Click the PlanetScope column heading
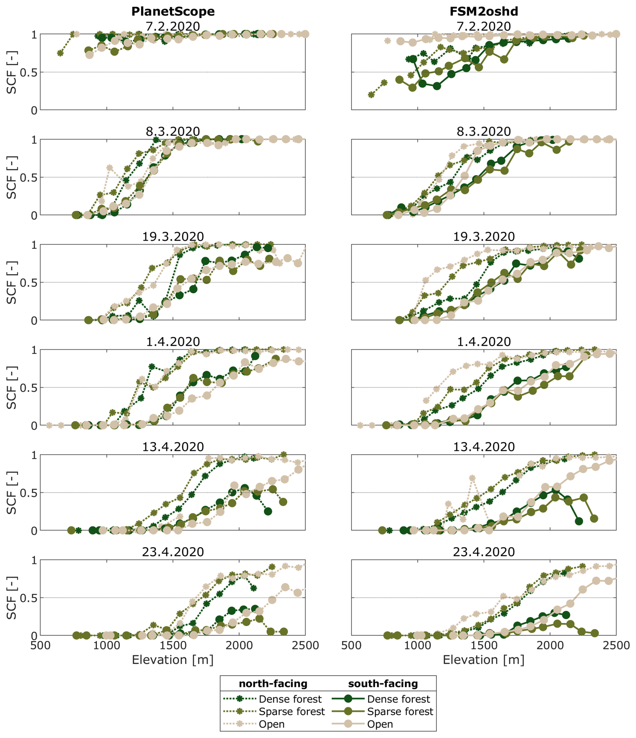pos(173,11)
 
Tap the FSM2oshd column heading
pos(484,11)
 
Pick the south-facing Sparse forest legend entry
pos(382,712)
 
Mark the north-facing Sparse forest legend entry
pos(274,712)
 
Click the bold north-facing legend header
pos(273,684)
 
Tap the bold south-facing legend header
pos(383,684)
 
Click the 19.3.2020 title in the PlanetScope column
pos(173,236)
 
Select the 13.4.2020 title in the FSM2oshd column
pos(484,447)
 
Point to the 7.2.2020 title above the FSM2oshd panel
pos(484,26)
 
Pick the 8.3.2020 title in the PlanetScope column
pos(173,131)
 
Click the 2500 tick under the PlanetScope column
pos(305,645)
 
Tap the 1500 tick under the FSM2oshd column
pos(484,645)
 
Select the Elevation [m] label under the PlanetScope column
pos(173,660)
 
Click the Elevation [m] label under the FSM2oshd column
pos(484,660)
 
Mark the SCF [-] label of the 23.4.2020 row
pos(12,598)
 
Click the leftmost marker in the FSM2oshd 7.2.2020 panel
pos(371,95)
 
